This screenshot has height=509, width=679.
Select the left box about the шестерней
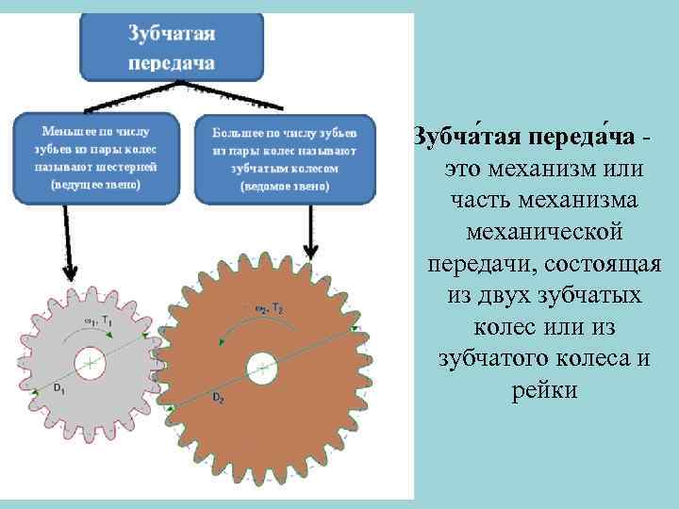point(95,158)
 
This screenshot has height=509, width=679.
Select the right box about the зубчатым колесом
point(284,158)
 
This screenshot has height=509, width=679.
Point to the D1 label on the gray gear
point(58,387)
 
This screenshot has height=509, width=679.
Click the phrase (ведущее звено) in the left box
point(95,185)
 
